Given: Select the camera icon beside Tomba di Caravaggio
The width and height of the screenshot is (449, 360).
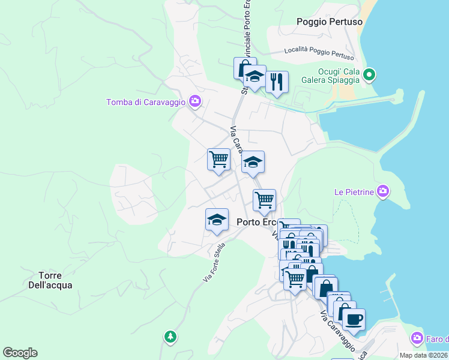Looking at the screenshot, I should pyautogui.click(x=194, y=101).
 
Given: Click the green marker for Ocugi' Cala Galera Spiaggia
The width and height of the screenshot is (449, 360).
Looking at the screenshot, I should pyautogui.click(x=369, y=75).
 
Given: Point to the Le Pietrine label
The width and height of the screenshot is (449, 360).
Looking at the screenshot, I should pyautogui.click(x=354, y=193).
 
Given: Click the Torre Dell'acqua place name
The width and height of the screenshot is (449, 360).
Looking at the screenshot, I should pyautogui.click(x=50, y=280).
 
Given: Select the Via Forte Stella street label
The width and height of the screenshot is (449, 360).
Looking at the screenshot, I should pyautogui.click(x=214, y=262).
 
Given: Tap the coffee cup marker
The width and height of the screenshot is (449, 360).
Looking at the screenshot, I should pyautogui.click(x=354, y=319).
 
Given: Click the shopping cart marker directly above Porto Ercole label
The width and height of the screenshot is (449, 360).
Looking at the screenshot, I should pyautogui.click(x=264, y=200).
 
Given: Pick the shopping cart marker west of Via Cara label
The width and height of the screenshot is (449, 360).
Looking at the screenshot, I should pyautogui.click(x=218, y=160).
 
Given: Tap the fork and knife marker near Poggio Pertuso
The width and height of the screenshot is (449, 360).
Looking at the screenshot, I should pyautogui.click(x=277, y=82).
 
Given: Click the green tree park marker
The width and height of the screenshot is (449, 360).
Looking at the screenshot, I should pyautogui.click(x=171, y=337).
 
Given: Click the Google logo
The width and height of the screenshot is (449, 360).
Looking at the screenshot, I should pyautogui.click(x=20, y=353).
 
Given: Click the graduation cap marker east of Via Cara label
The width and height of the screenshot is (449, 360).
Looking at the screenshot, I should pyautogui.click(x=253, y=162).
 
